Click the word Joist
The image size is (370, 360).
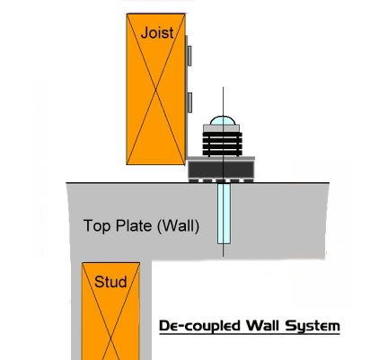[157, 32]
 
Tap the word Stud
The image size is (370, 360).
[110, 282]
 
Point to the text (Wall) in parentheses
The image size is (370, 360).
[178, 225]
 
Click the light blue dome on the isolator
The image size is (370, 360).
[223, 121]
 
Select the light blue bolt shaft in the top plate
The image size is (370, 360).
[224, 214]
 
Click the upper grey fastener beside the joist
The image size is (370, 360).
[189, 56]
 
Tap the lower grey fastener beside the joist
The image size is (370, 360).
[189, 102]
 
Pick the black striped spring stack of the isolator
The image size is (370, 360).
[222, 144]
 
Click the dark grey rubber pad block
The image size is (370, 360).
[221, 169]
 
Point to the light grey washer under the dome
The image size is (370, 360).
[222, 128]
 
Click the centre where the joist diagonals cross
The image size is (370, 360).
[156, 89]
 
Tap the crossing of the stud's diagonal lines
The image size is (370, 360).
[110, 339]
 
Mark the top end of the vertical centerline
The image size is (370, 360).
[223, 87]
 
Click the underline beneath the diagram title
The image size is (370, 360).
[250, 333]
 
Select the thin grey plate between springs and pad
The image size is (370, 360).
[221, 158]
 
